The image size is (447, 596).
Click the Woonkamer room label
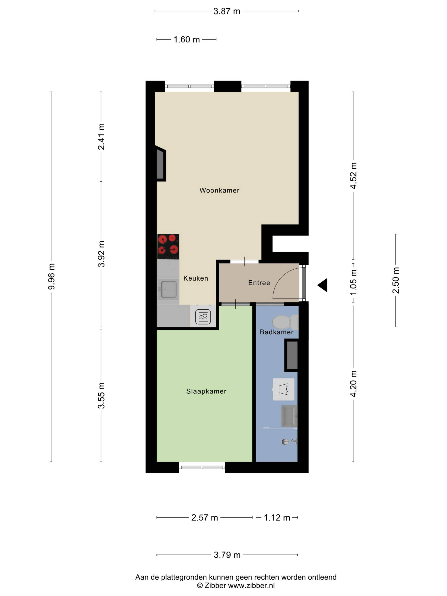click(219, 190)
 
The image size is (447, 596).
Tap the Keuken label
click(196, 278)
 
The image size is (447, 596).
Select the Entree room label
click(259, 283)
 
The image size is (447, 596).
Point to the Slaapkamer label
click(206, 391)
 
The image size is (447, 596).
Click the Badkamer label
click(276, 332)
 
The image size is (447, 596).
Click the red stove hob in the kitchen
click(168, 247)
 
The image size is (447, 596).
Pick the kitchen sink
click(168, 289)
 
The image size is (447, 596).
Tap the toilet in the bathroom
click(285, 322)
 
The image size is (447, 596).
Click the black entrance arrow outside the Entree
click(322, 285)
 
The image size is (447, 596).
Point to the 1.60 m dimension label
click(186, 40)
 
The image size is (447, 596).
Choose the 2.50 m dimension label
click(396, 280)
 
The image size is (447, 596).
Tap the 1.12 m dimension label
click(277, 518)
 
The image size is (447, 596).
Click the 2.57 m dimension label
click(204, 518)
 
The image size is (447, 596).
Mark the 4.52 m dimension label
click(353, 175)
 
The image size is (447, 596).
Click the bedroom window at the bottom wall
click(202, 467)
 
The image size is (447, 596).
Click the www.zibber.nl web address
click(251, 586)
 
